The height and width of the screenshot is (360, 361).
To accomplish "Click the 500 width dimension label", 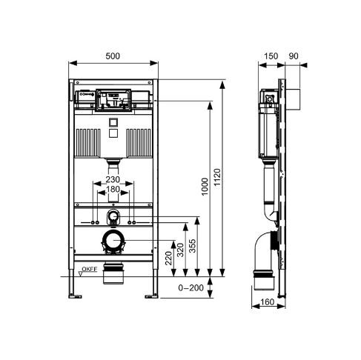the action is tap(113, 56).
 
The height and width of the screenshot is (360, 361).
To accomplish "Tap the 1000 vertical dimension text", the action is tap(205, 187).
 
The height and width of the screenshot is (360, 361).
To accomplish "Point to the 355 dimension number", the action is tap(192, 246).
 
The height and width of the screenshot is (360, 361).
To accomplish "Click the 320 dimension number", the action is tap(180, 250).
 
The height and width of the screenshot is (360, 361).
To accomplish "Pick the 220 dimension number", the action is tap(168, 258).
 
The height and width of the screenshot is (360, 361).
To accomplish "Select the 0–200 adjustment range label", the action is tap(191, 287).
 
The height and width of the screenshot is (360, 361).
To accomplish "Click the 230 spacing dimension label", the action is tap(113, 179).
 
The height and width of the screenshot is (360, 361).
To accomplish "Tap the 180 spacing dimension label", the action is tap(113, 190).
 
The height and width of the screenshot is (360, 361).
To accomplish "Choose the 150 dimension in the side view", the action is tap(271, 56).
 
